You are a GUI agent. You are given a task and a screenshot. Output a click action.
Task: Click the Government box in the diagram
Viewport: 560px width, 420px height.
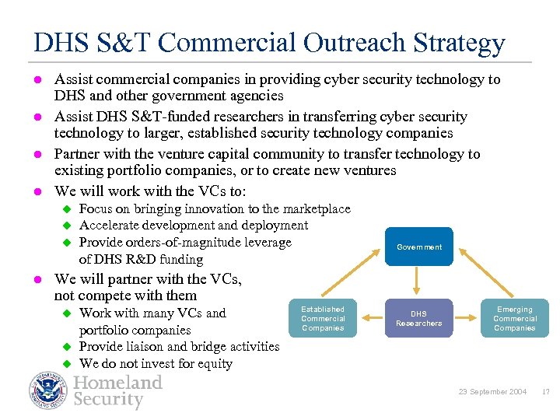(418, 247)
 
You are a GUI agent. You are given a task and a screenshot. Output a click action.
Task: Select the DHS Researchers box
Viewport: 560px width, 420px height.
(418, 318)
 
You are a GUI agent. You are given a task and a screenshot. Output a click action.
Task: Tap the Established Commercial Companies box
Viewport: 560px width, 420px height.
(323, 318)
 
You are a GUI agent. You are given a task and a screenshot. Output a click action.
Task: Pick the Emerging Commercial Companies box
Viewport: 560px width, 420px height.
(514, 318)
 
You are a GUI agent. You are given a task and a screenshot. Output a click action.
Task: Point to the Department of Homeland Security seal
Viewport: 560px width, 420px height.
(48, 390)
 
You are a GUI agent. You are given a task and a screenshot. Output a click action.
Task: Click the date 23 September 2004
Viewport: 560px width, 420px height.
(492, 391)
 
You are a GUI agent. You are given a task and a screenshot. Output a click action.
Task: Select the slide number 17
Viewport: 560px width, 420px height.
(545, 391)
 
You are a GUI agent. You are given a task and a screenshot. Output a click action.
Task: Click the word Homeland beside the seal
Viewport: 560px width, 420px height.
(118, 383)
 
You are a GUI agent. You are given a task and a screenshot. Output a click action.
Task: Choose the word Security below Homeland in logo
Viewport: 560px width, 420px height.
(109, 401)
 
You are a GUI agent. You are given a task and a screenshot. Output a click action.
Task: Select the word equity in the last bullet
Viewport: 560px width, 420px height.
(215, 363)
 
